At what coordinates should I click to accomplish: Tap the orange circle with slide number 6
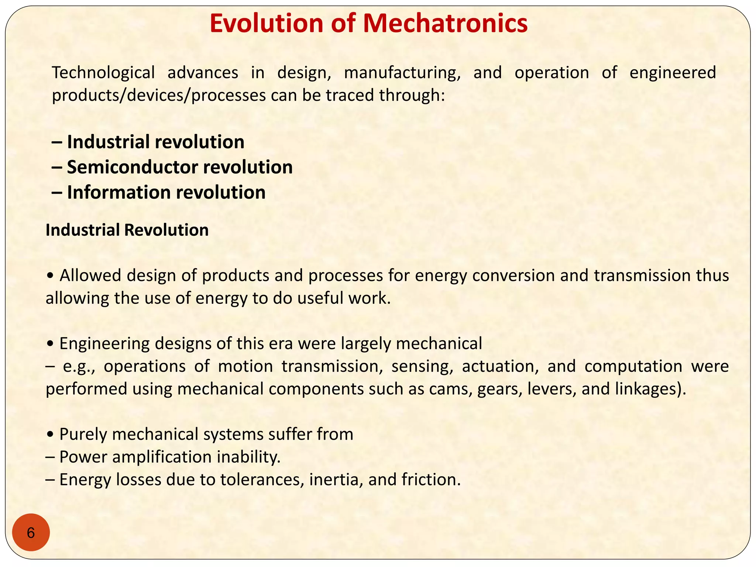pos(31,533)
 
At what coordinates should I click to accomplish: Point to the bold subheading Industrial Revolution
pos(127,230)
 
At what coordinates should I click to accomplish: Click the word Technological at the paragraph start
pos(103,73)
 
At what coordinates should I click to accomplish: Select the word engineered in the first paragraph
pos(673,73)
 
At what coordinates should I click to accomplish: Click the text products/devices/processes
pos(159,95)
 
